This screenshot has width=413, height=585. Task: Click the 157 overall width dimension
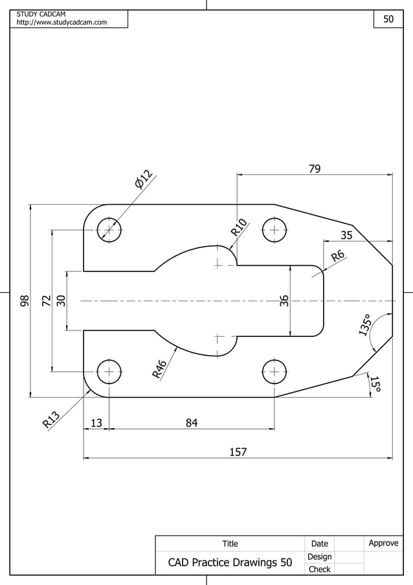[x=238, y=452]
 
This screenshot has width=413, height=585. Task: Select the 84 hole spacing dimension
[x=192, y=423]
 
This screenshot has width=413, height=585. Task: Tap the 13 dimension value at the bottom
[x=96, y=423]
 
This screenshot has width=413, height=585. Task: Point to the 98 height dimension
[x=25, y=301]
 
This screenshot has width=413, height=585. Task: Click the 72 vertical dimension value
[x=46, y=301]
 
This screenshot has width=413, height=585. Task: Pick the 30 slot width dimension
[x=61, y=301]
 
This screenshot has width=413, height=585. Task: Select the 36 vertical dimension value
[x=284, y=301]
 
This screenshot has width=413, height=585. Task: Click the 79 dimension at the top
[x=315, y=169]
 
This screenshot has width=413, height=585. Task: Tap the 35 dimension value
[x=346, y=235]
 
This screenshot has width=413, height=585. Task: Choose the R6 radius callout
[x=338, y=256]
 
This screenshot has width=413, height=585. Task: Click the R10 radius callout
[x=238, y=227]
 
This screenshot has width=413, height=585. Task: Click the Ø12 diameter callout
[x=143, y=179]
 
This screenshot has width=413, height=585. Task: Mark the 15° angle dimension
[x=375, y=384]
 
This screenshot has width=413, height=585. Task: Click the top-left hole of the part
[x=109, y=230]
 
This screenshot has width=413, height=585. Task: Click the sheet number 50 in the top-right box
[x=388, y=19]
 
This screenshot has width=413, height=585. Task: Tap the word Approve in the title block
[x=383, y=543]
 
